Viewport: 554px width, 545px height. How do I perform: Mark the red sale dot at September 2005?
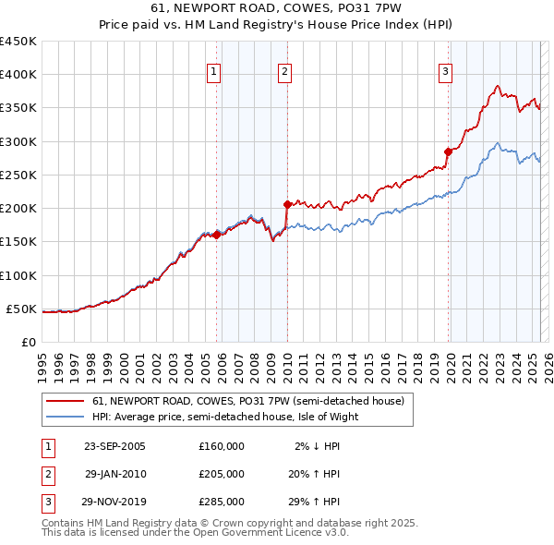point(217,235)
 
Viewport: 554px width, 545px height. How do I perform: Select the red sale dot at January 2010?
point(287,204)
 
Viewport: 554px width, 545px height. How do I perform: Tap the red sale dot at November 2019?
point(448,151)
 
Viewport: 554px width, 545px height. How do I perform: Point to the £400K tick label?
point(18,75)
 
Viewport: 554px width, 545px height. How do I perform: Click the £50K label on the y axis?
point(23,309)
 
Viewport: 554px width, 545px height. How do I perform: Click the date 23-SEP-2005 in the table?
point(114,445)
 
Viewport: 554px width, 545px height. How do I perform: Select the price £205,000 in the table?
point(222,474)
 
